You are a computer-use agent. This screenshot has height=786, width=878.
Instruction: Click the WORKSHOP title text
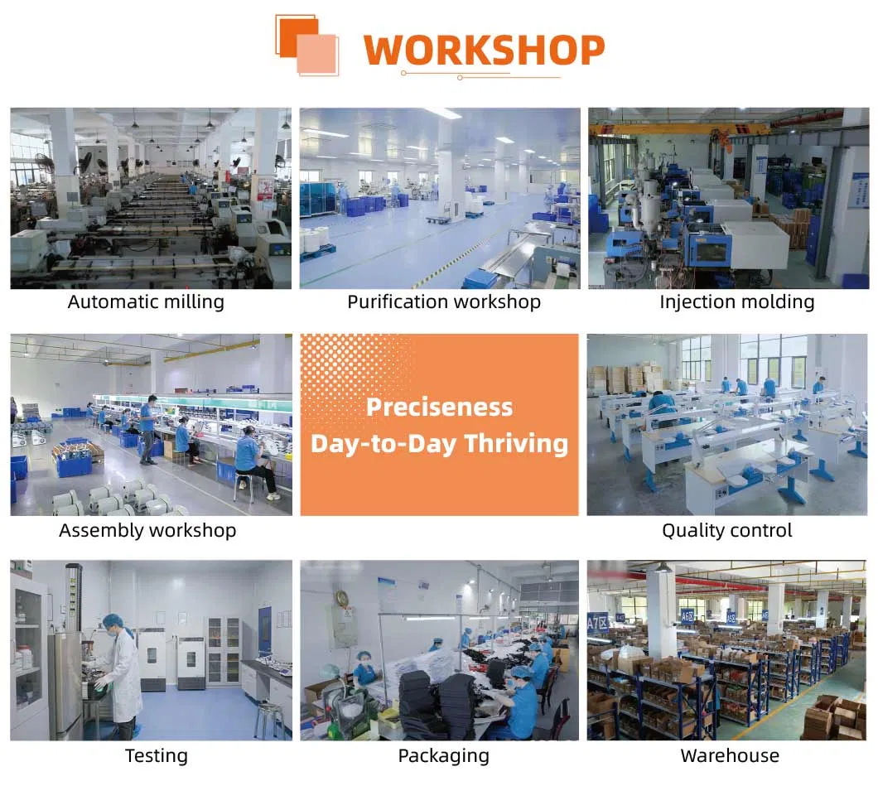pyautogui.click(x=484, y=50)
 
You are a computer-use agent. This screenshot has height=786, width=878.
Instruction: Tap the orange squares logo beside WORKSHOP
pyautogui.click(x=306, y=45)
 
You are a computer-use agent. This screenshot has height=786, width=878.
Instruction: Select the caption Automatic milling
pyautogui.click(x=146, y=301)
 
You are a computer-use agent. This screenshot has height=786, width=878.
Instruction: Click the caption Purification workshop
pyautogui.click(x=443, y=301)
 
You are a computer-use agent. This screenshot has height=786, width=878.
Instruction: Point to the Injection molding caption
pyautogui.click(x=736, y=301)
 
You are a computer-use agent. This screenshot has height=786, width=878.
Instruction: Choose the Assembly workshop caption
pyautogui.click(x=147, y=530)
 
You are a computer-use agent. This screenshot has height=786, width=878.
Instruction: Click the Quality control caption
pyautogui.click(x=726, y=530)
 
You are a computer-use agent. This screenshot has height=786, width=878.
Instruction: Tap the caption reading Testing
pyautogui.click(x=156, y=755)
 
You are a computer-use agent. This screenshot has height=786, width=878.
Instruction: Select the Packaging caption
pyautogui.click(x=443, y=755)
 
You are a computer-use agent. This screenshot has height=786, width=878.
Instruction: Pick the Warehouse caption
pyautogui.click(x=729, y=755)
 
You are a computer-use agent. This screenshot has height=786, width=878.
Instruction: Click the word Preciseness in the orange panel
pyautogui.click(x=439, y=407)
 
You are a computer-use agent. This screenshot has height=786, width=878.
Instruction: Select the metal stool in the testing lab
pyautogui.click(x=268, y=717)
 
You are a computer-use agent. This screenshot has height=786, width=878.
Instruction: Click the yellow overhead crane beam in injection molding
pyautogui.click(x=663, y=130)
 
